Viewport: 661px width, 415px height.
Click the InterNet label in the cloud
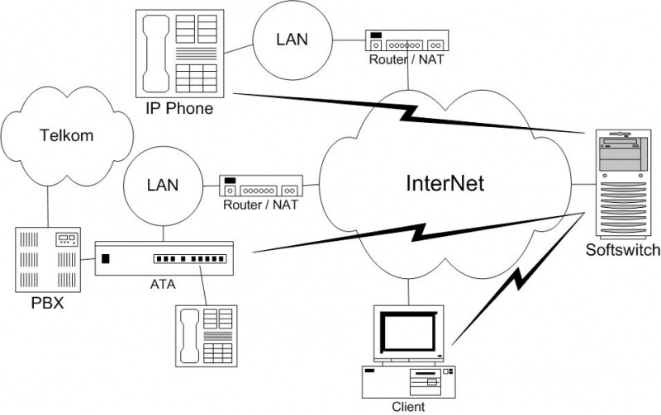445,184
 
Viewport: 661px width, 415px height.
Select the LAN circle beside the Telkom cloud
162,185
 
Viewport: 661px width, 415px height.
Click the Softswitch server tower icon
623,182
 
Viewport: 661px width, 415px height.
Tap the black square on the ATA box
105,259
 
